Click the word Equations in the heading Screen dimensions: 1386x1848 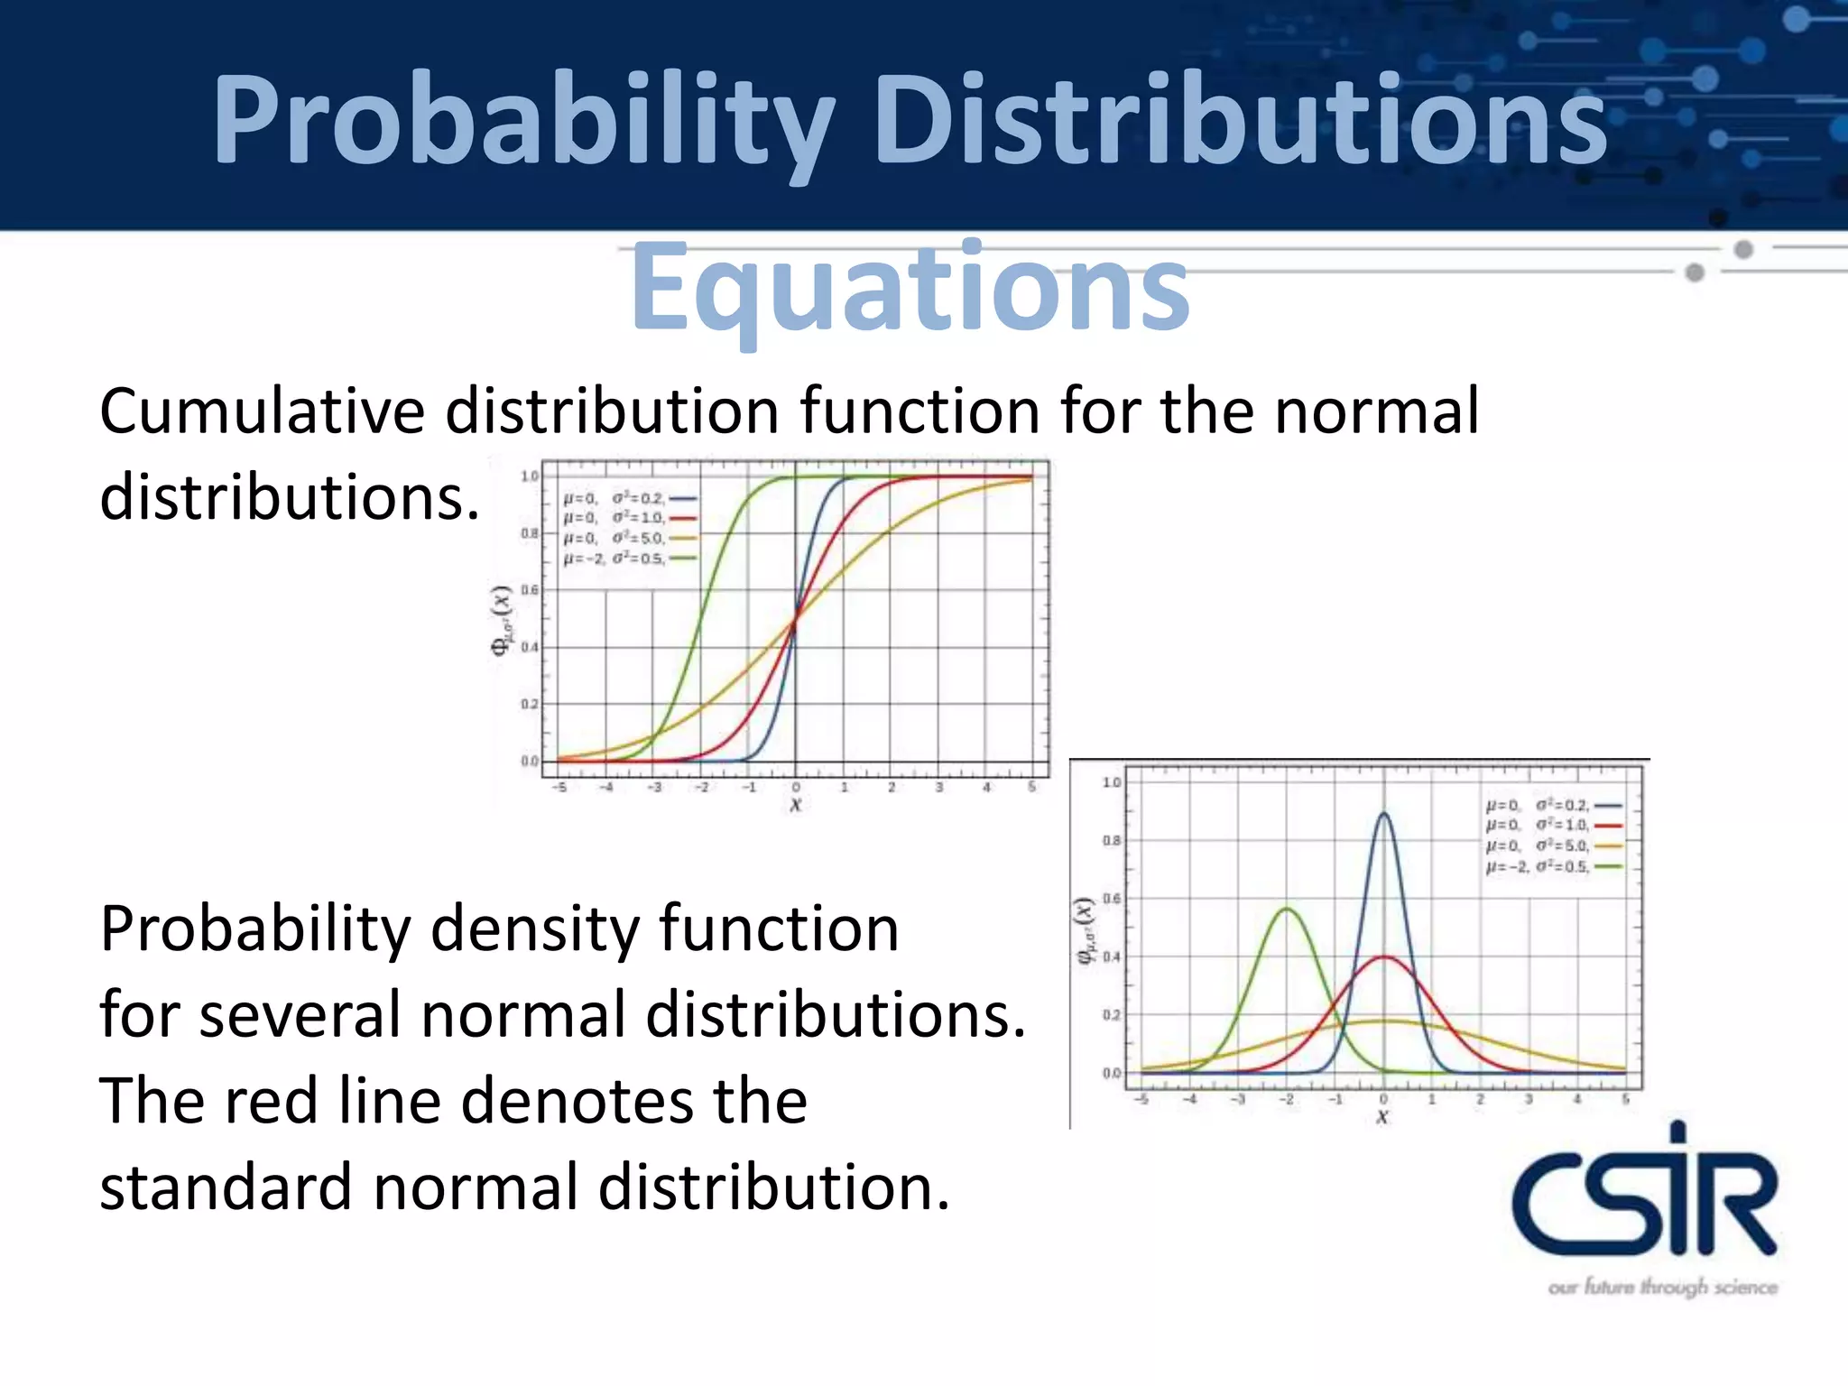pos(910,287)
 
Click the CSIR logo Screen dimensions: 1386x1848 pos(1644,1191)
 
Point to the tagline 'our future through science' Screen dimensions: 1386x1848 pos(1662,1287)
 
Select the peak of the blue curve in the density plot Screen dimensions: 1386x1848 pos(1383,814)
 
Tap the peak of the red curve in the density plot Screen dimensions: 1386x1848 pos(1383,956)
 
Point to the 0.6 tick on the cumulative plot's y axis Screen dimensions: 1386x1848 pos(530,590)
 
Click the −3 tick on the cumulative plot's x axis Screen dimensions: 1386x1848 pos(654,788)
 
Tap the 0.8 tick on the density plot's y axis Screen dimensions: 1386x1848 pos(1111,840)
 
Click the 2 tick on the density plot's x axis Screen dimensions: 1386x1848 pos(1480,1099)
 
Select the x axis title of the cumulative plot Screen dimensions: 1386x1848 pos(795,804)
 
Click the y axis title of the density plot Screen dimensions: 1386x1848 pos(1085,930)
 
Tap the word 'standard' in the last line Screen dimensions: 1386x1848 pos(226,1187)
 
